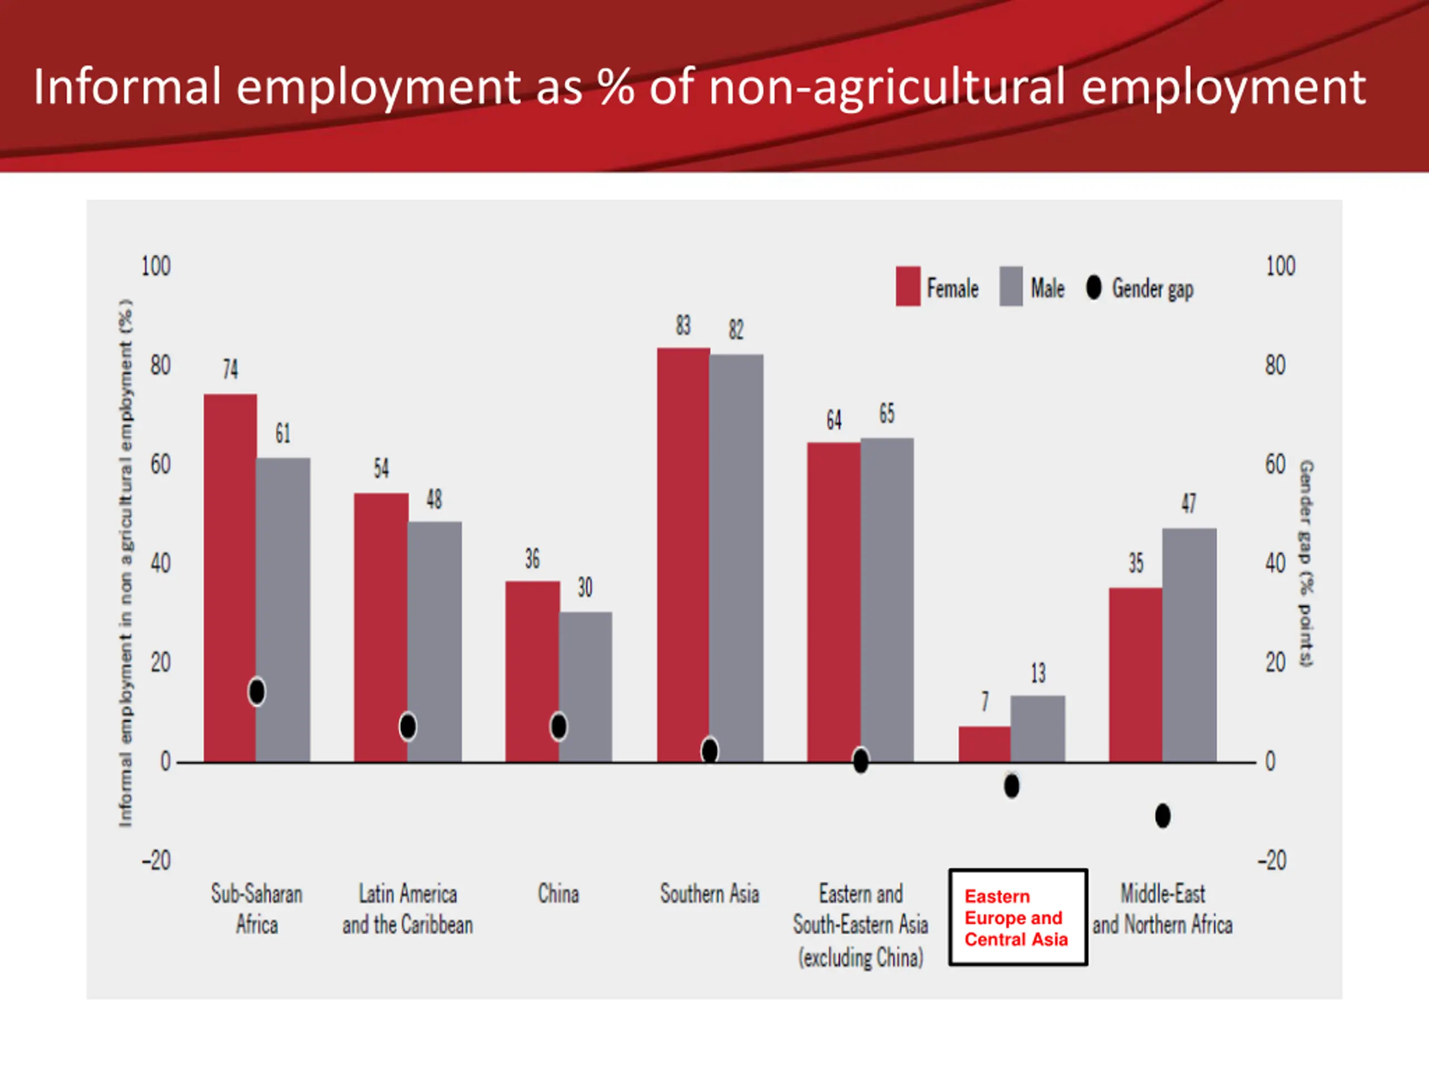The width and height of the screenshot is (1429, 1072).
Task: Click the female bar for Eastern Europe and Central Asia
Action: [x=985, y=744]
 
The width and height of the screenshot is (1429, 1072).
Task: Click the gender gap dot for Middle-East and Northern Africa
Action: [x=1163, y=816]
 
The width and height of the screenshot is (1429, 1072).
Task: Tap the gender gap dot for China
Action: [x=559, y=726]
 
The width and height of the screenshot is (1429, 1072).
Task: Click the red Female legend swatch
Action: [x=908, y=286]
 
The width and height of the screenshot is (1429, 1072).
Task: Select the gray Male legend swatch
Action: [x=1011, y=286]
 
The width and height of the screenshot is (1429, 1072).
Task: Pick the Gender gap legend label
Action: [x=1153, y=289]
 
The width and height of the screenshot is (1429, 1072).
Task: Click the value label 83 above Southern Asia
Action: [x=683, y=325]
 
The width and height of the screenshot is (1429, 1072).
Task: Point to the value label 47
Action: [x=1188, y=502]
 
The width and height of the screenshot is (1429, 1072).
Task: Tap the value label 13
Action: [x=1038, y=673]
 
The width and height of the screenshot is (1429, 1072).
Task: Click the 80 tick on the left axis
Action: [x=160, y=366]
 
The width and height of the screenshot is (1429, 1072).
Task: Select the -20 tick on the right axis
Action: [x=1272, y=861]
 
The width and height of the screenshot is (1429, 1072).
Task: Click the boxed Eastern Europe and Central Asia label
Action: [x=1018, y=917]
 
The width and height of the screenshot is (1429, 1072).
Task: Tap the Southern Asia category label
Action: [x=709, y=894]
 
